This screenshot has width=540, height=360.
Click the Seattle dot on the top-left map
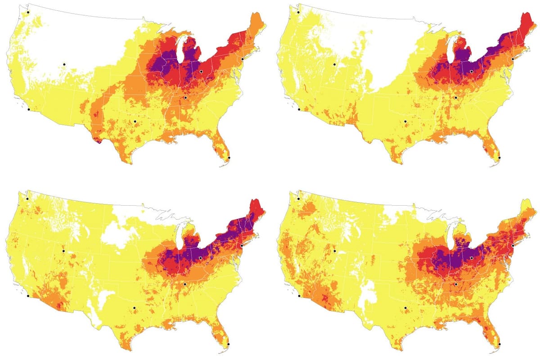click(x=28, y=13)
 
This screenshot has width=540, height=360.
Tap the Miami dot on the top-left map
click(x=229, y=158)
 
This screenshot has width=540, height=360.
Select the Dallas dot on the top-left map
click(x=135, y=121)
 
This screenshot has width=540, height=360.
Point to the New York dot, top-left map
click(x=243, y=59)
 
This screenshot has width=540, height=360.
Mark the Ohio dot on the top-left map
click(x=201, y=72)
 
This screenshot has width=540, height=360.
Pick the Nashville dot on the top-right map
click(x=455, y=97)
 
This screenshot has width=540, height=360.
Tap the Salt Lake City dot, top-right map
click(x=334, y=64)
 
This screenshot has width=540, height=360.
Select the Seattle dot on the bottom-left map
click(x=27, y=198)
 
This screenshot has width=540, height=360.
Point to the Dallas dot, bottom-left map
click(x=135, y=308)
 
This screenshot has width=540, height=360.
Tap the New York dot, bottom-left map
click(x=242, y=246)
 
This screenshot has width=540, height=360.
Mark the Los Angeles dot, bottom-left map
click(x=28, y=296)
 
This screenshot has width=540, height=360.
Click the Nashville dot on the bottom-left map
click(x=184, y=284)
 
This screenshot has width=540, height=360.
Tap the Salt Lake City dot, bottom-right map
click(x=334, y=251)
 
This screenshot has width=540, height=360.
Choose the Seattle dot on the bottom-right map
click(x=298, y=198)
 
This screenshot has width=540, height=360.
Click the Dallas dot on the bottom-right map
click(x=405, y=308)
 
